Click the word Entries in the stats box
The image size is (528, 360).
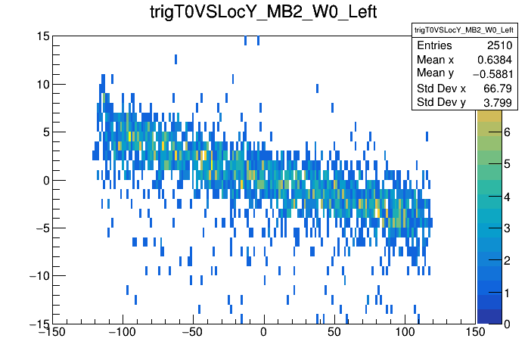coord(435,46)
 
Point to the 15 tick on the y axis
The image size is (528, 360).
coord(42,36)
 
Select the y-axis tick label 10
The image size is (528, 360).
coord(42,84)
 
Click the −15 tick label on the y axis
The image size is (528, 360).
coord(36,323)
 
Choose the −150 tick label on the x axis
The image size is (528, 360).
coord(52,333)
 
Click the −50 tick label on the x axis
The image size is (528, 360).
coord(192,333)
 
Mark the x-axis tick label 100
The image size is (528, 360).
coord(405,333)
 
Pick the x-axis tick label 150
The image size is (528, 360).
coord(475,333)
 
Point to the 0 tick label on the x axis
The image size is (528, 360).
coord(263,333)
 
